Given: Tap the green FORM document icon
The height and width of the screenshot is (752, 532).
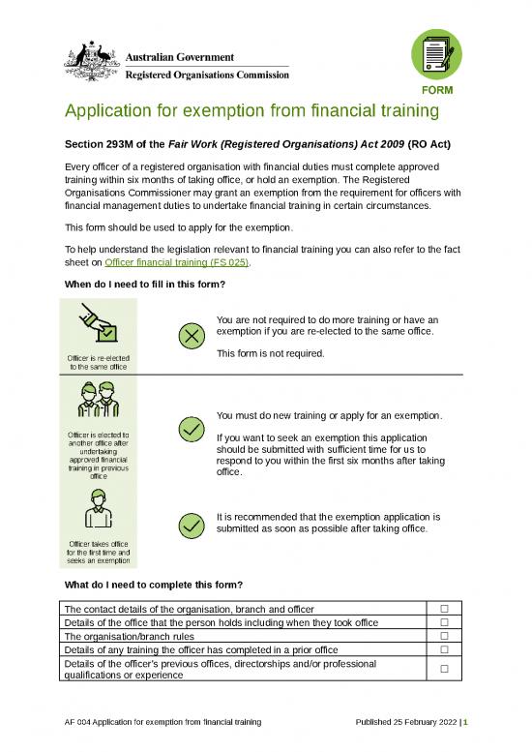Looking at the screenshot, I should (x=437, y=56).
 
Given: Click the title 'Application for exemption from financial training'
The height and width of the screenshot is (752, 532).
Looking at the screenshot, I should (x=251, y=111).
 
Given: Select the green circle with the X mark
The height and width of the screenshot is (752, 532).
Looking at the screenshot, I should (x=192, y=335).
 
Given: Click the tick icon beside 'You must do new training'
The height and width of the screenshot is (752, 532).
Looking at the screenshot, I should (x=192, y=429).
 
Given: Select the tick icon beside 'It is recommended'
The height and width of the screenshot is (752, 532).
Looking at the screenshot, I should (x=192, y=524).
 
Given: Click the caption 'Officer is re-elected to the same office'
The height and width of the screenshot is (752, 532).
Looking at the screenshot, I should (x=98, y=363).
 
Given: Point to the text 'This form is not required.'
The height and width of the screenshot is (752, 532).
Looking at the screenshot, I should (x=270, y=353).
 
